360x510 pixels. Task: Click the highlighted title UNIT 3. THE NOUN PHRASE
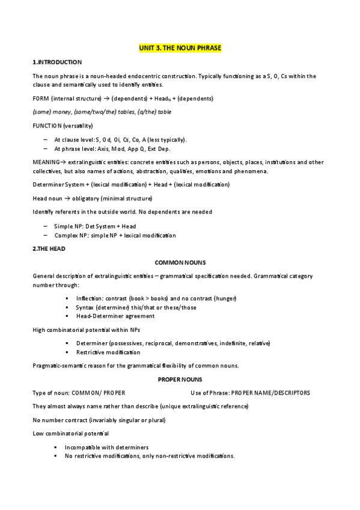tap(181, 48)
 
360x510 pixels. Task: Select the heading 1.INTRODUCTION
tap(57, 63)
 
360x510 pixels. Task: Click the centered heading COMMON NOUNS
tap(180, 263)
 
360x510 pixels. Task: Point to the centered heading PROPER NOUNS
tap(180, 379)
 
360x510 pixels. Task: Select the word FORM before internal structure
tap(41, 98)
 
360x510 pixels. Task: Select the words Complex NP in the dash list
tap(71, 235)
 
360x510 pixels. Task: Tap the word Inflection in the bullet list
tap(89, 298)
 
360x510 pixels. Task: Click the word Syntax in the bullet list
tap(86, 307)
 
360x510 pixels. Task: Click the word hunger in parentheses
tap(225, 298)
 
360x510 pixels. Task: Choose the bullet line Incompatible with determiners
tap(106, 447)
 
